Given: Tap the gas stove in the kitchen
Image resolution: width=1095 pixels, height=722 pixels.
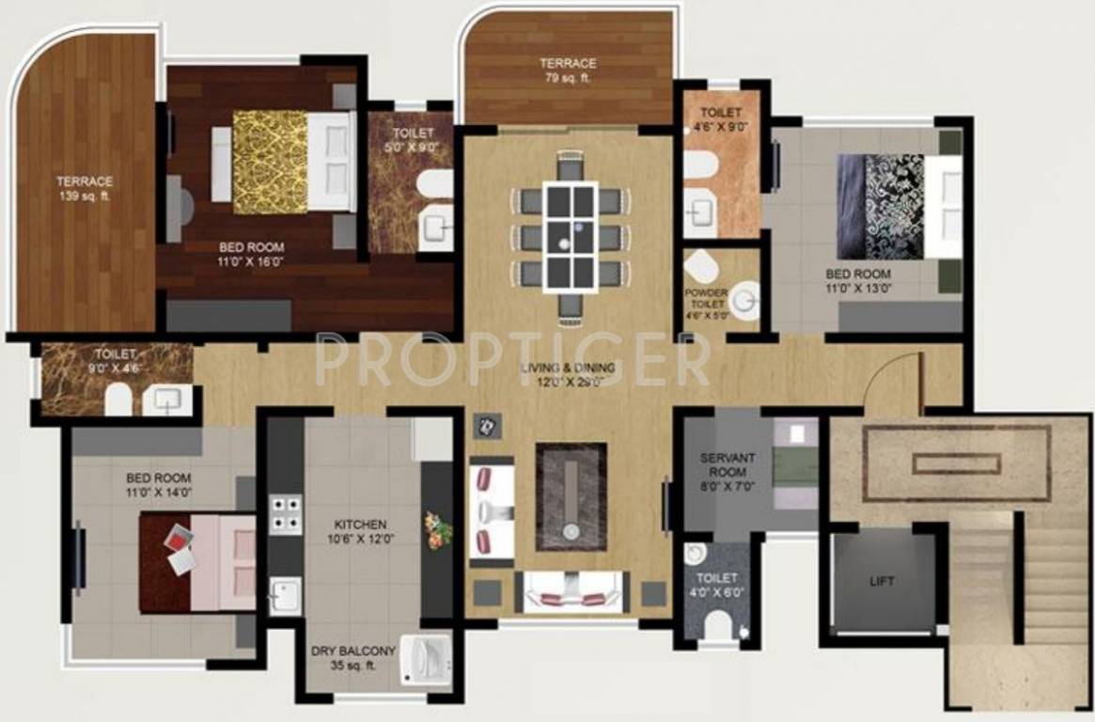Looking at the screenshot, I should coord(286,514).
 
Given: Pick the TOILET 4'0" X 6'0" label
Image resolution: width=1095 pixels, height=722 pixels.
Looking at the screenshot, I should coord(717,586).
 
